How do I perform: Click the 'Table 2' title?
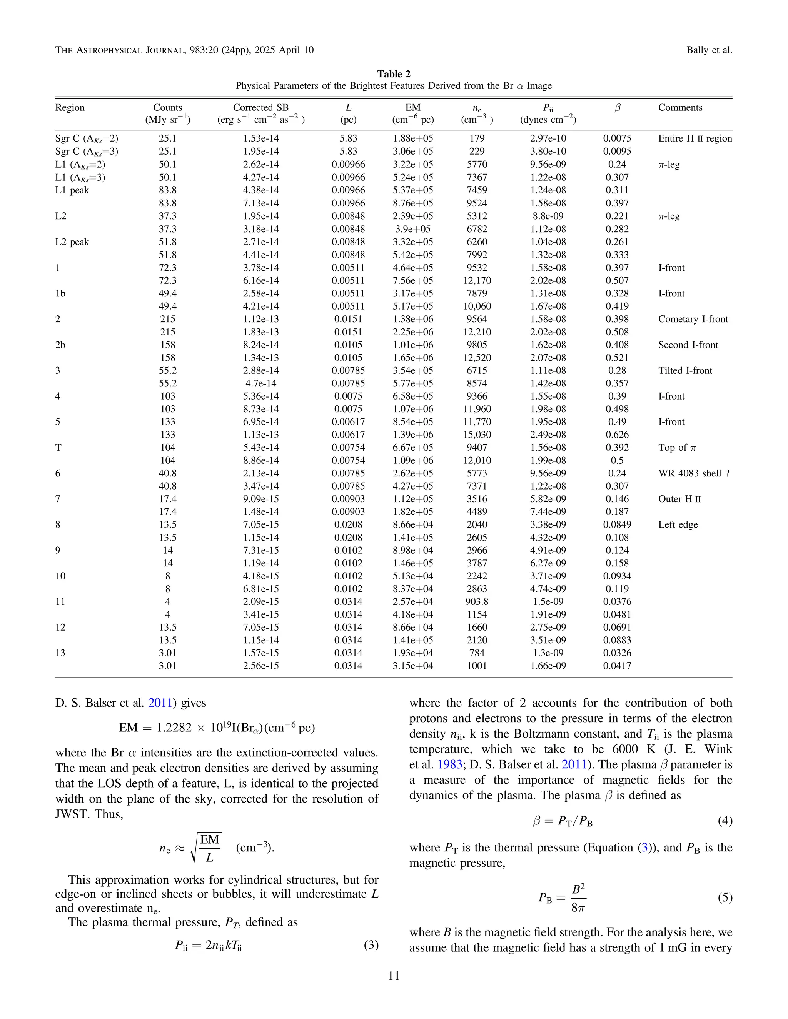tap(394, 74)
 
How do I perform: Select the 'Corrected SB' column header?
tap(260, 107)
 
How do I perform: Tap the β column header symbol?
tap(617, 108)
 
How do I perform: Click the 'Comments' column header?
tap(680, 107)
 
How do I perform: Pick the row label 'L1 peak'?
tap(72, 190)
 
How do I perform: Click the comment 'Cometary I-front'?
tap(693, 319)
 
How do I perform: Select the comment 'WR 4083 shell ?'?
tap(694, 473)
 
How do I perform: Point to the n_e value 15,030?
tap(477, 435)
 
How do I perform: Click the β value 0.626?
tap(617, 435)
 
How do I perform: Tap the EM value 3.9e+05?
tap(413, 229)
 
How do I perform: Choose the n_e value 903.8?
tap(477, 601)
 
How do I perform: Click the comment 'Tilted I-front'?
tap(685, 370)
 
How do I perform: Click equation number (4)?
tap(725, 821)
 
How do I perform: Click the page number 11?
tap(394, 976)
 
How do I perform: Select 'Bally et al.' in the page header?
tap(709, 50)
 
